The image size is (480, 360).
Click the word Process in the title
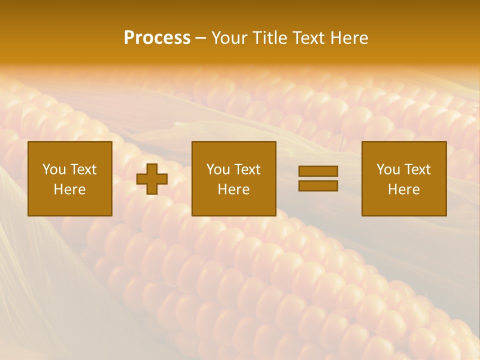157,38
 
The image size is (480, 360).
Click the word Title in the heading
269,38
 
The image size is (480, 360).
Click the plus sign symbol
152,179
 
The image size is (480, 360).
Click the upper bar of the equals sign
318,171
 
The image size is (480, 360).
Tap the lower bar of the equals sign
318,185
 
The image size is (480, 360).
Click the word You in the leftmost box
53,169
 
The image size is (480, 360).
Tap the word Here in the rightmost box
403,189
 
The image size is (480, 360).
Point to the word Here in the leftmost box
69,189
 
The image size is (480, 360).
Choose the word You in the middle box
217,169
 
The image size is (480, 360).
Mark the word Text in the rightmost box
417,169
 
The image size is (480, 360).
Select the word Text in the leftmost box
83,169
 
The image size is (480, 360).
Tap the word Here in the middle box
233,189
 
